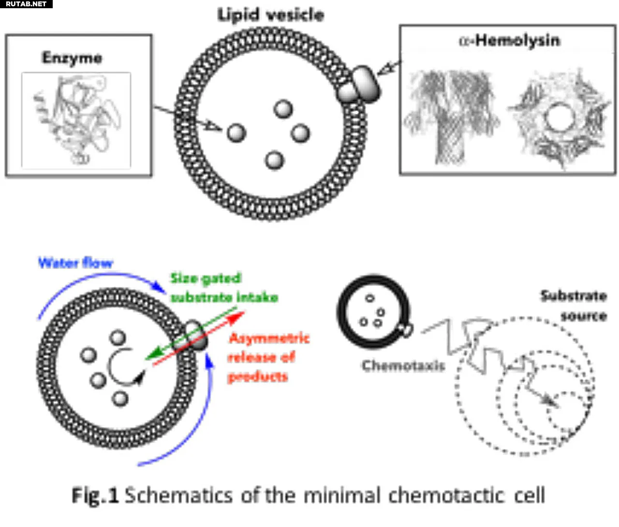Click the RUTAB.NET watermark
click(26, 4)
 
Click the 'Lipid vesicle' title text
click(271, 15)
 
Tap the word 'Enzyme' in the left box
click(72, 58)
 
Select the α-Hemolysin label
click(509, 41)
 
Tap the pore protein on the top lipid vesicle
click(359, 85)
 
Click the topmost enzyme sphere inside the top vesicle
click(283, 109)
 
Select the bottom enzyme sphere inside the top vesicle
click(274, 160)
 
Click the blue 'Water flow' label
click(76, 263)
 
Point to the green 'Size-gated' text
click(206, 278)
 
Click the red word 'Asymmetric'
click(269, 338)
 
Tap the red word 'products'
click(258, 376)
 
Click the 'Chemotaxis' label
click(403, 366)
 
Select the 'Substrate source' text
click(574, 306)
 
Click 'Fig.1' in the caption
click(95, 496)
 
